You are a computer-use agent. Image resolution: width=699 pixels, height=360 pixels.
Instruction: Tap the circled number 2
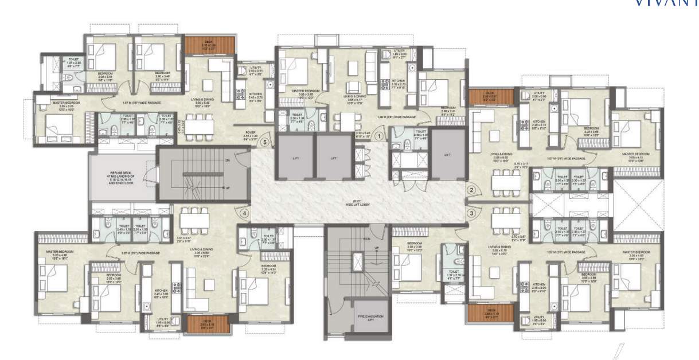pos(471,190)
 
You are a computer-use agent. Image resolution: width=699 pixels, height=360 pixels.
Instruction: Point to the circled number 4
pos(245,213)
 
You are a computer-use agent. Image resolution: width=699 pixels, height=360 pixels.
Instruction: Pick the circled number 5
pos(264,142)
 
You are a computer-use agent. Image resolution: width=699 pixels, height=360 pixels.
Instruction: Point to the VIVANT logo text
pos(665,3)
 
